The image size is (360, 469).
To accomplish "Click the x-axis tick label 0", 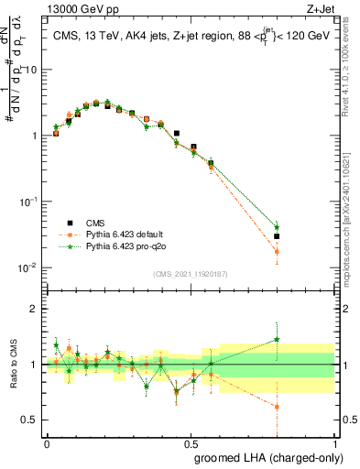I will [47, 442].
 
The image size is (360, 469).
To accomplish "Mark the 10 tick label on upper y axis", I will [31, 70].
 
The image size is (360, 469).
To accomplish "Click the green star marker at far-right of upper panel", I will [277, 226].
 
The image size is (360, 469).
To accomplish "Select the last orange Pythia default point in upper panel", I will [277, 251].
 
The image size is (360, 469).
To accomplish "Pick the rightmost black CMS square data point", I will [277, 236].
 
